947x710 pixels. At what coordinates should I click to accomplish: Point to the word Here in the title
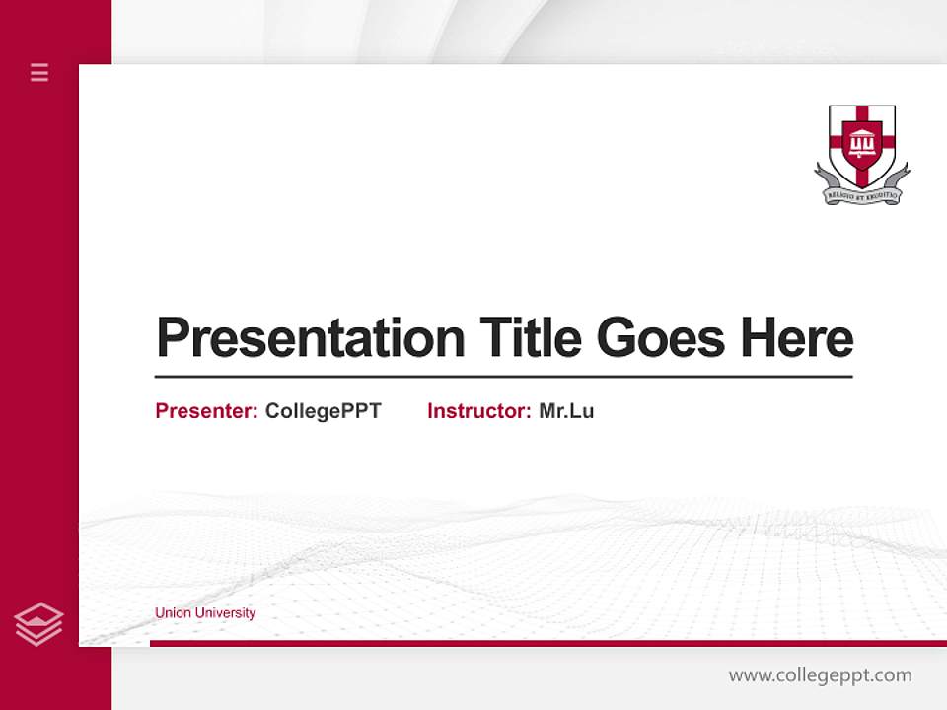point(797,338)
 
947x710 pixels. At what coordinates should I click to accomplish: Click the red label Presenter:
point(206,411)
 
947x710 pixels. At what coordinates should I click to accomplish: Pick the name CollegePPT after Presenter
point(323,411)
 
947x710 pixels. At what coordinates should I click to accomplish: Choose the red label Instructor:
point(478,411)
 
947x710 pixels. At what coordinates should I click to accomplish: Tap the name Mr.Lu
point(566,411)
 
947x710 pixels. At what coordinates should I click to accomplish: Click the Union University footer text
point(205,613)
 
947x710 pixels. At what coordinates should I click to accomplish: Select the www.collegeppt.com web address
point(820,675)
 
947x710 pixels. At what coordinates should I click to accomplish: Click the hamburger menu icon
point(39,72)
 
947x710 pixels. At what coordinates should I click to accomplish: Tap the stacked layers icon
point(38,624)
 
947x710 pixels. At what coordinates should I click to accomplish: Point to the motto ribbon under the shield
point(861,195)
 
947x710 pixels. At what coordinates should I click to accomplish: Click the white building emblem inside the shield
point(861,142)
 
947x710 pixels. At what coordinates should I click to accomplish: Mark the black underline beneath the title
point(503,377)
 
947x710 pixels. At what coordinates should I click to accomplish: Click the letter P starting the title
point(172,338)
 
